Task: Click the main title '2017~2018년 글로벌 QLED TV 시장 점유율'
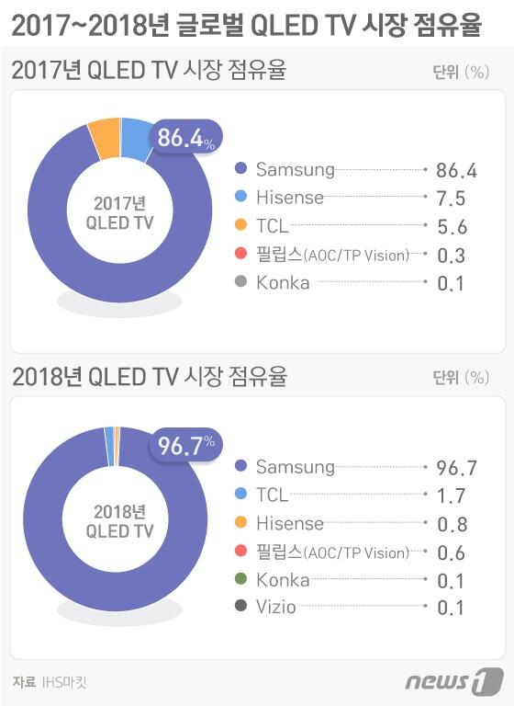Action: (246, 25)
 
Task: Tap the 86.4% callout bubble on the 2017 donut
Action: (186, 140)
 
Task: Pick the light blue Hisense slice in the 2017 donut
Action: (136, 135)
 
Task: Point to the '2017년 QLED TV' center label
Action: (119, 212)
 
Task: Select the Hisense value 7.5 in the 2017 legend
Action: (452, 199)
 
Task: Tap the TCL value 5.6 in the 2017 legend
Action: (452, 227)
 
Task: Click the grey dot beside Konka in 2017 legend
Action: (241, 283)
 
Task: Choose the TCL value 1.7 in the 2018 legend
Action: (452, 496)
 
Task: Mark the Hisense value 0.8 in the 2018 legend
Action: (452, 524)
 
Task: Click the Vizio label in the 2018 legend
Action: (276, 608)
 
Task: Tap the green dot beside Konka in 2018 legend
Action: (241, 580)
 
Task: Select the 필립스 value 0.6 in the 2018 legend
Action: (452, 552)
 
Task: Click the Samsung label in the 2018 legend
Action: (296, 467)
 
